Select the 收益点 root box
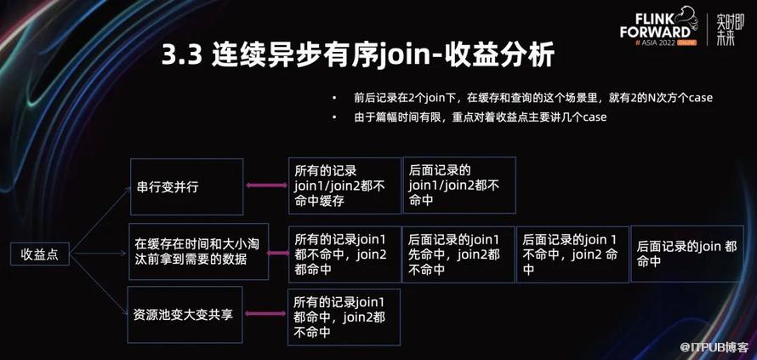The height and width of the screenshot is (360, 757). (x=40, y=254)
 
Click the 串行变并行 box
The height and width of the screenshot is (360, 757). (x=186, y=186)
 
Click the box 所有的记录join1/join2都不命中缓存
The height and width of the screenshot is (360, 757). (x=344, y=185)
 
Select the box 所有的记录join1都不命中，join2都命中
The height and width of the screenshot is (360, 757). (x=344, y=254)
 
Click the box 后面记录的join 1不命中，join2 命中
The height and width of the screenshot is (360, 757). (x=572, y=254)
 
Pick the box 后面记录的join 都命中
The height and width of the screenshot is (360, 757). (x=686, y=254)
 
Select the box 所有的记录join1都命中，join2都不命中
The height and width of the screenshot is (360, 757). (x=344, y=317)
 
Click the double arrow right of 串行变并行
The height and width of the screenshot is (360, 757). (x=265, y=186)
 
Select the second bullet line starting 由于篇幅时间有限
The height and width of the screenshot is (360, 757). (x=480, y=117)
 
